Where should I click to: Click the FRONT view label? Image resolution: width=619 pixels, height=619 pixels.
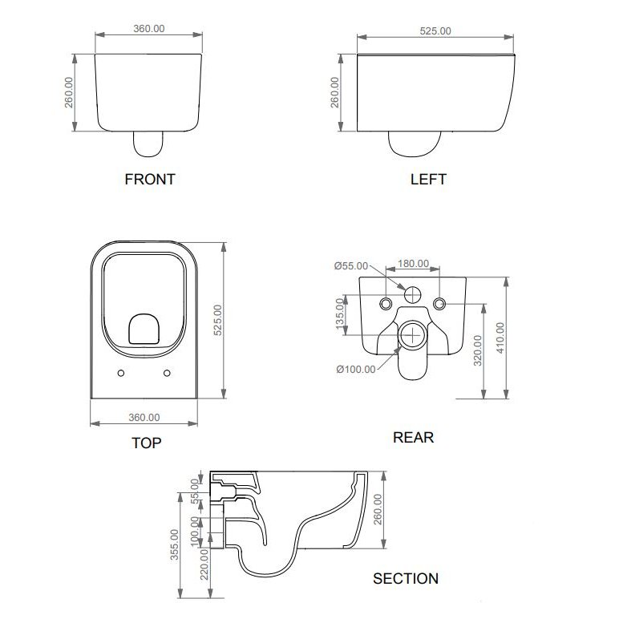pos(150,180)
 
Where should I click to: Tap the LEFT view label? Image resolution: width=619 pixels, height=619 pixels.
pos(428,180)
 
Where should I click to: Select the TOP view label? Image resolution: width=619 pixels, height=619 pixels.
pos(147,443)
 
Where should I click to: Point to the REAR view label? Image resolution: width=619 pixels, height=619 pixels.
pos(413,438)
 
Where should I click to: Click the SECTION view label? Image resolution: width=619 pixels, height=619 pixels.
pos(406,579)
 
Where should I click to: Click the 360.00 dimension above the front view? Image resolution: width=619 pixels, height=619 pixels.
pos(149,28)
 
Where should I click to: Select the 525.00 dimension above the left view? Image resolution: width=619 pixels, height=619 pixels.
pos(435,30)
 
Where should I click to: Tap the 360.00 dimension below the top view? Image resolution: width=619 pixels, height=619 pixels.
pos(144,417)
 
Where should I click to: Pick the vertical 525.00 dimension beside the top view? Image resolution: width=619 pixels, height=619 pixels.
pos(218,320)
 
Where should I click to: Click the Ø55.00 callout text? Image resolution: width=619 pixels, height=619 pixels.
pos(351,265)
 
